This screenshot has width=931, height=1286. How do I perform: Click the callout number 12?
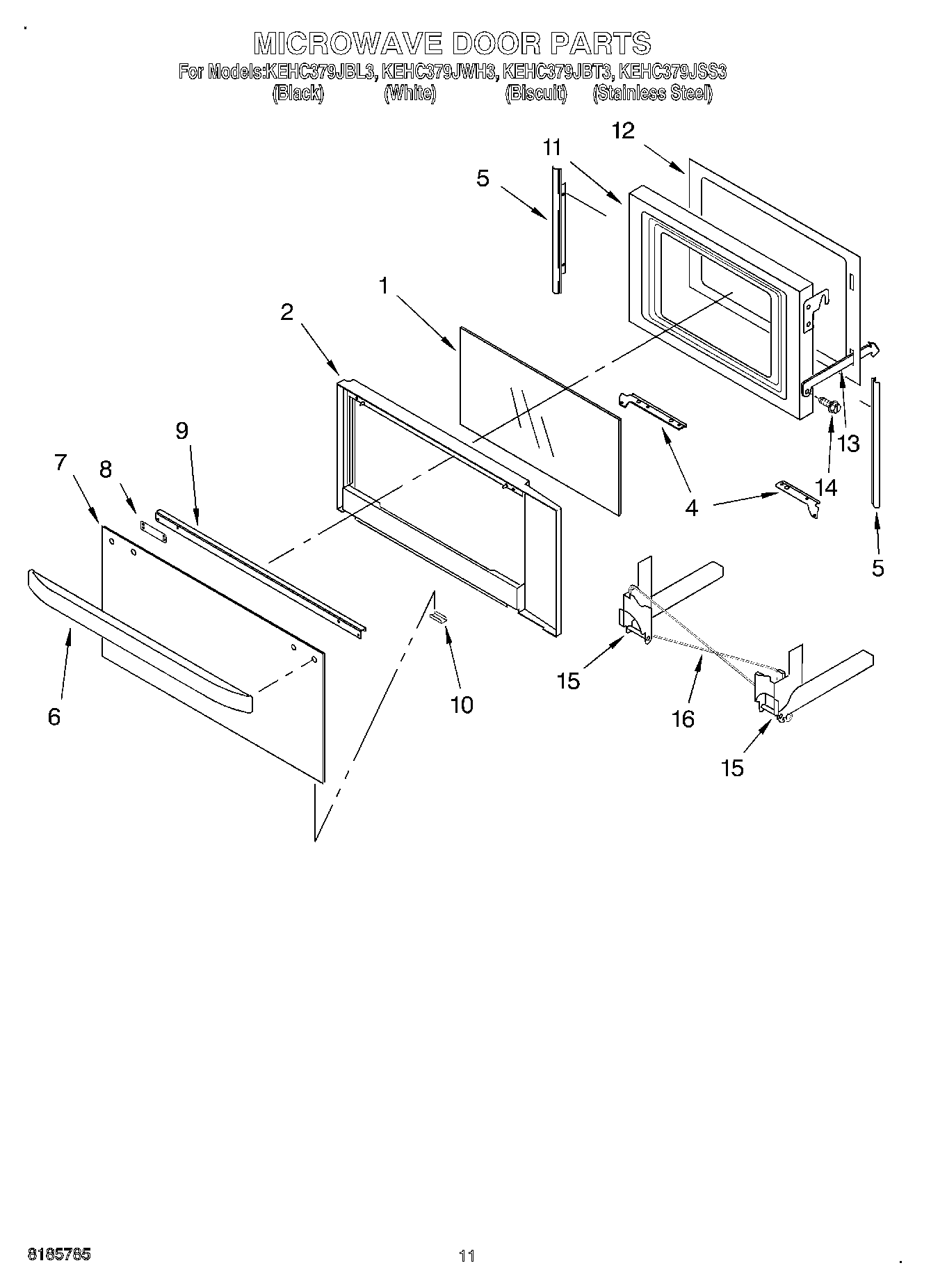pos(624,131)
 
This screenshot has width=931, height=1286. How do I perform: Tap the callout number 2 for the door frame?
pos(287,312)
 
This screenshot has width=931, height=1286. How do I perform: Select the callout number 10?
pos(462,705)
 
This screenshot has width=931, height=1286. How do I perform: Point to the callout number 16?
pos(683,718)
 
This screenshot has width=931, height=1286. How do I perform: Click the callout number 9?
pos(181,431)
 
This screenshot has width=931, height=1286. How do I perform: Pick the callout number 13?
pos(849,443)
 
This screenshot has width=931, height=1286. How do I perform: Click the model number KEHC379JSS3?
pos(672,72)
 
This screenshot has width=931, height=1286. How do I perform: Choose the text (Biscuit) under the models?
pos(536,94)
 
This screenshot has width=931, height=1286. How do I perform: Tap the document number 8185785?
pos(59,1255)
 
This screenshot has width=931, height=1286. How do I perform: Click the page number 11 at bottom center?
pos(467,1256)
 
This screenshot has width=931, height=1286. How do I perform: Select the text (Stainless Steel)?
pos(652,94)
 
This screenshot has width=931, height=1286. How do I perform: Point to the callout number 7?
pos(60,462)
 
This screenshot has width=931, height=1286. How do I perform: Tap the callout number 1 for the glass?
pos(383,286)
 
